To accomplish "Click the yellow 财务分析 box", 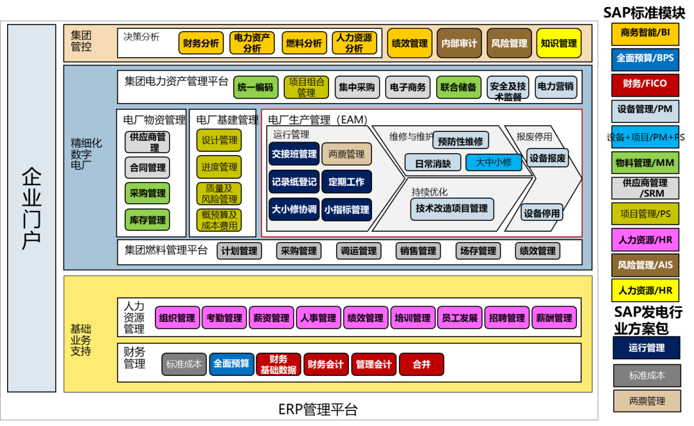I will (201, 43).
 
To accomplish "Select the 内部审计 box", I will (459, 43).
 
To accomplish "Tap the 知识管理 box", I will (558, 43).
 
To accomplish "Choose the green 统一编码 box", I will (255, 87).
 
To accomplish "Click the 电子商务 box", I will (408, 87).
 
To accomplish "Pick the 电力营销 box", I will (555, 87).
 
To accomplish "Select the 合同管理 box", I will (148, 167).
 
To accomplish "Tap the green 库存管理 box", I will (148, 220).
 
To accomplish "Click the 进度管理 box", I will (219, 167).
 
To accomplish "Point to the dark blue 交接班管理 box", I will (294, 154).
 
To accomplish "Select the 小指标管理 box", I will (346, 209).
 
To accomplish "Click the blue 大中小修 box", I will (494, 162).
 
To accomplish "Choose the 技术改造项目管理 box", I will (451, 208).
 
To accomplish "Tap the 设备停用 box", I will (541, 213).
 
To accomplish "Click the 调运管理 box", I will (359, 251).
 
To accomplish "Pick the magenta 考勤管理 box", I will (224, 318).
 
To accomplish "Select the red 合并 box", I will (422, 364).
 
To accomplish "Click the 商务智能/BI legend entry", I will (645, 32).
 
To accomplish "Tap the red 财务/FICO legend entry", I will (645, 84).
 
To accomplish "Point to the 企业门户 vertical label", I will (31, 208).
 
